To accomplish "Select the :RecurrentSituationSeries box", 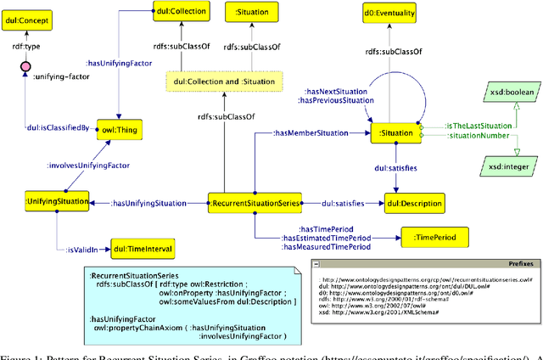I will (x=251, y=203).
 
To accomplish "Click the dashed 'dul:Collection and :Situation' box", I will (x=221, y=81).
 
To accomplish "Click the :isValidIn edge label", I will (x=82, y=250).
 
